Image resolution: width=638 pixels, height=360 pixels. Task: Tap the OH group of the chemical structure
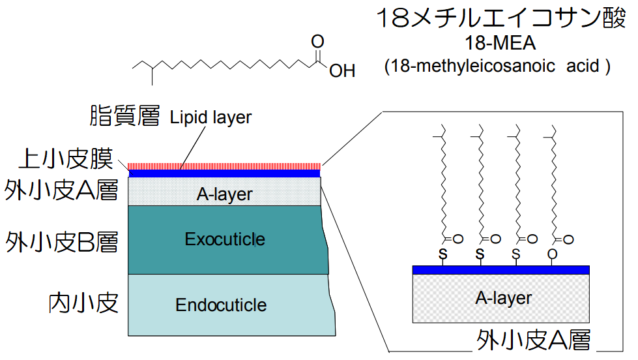(342, 70)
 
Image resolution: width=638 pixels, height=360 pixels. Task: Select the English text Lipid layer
(210, 117)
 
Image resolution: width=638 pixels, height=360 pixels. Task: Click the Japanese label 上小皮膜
(65, 158)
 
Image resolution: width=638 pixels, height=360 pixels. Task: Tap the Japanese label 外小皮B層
(62, 241)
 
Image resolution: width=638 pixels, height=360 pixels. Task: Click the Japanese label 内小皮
(83, 303)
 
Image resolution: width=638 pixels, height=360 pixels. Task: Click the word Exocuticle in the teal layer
(225, 239)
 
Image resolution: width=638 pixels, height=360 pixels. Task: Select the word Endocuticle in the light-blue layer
(221, 305)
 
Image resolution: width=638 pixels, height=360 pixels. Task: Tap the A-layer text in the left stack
(224, 194)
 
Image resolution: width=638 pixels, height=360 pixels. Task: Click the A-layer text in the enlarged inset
(503, 298)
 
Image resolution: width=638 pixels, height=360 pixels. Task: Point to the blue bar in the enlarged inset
(500, 269)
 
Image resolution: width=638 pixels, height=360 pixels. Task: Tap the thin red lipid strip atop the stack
(224, 166)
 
